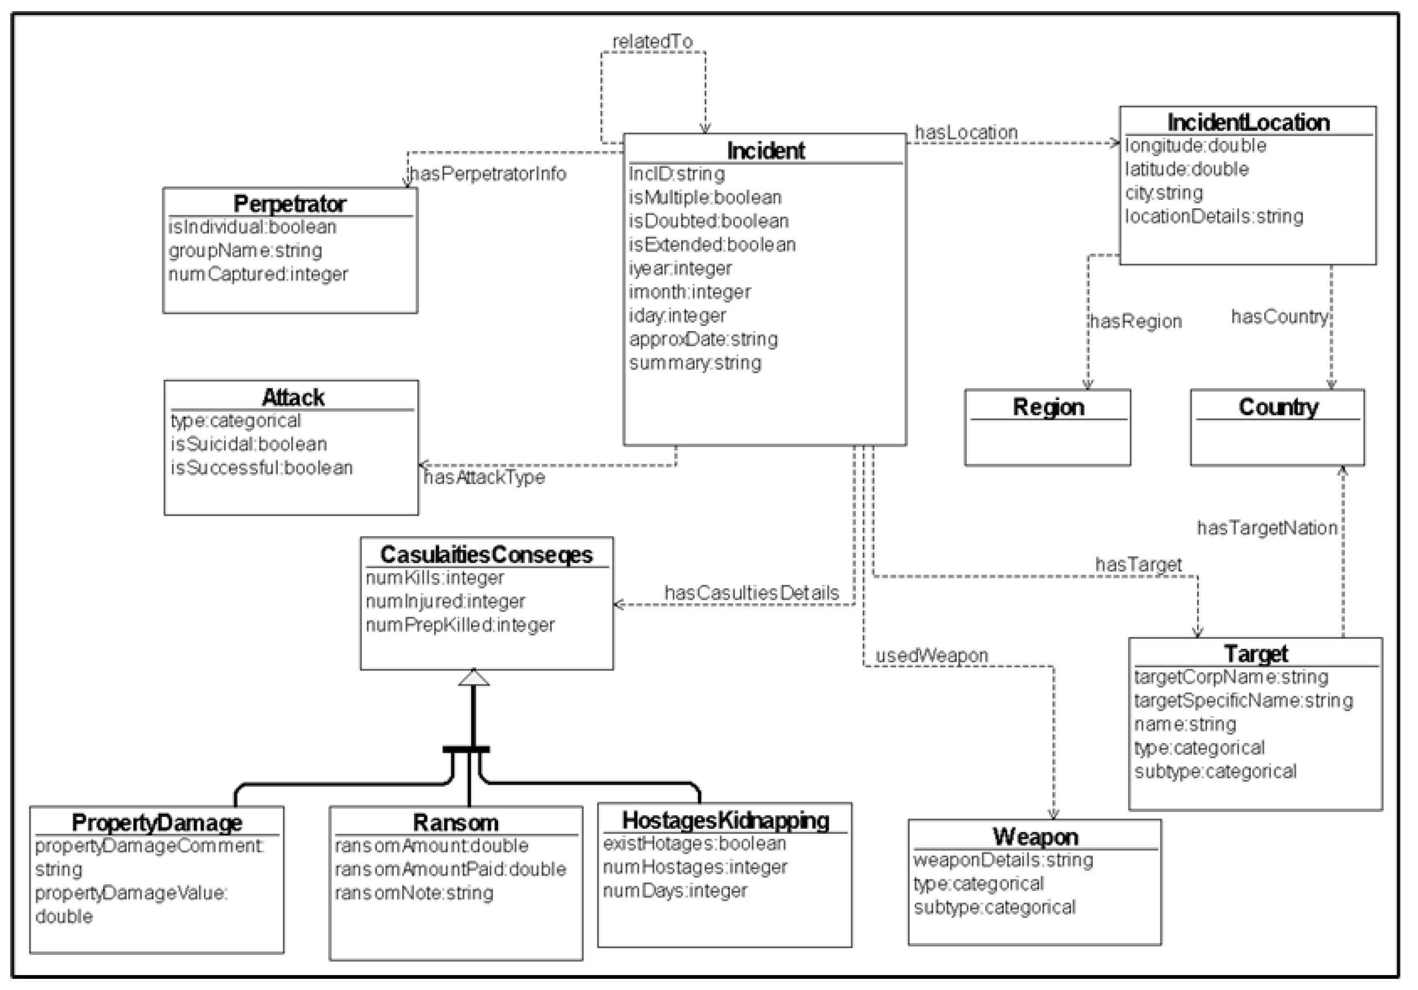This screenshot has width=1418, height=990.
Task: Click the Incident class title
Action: pos(765,151)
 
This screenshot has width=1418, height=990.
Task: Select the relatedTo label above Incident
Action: pos(652,41)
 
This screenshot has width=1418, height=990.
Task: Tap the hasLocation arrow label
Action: pos(966,132)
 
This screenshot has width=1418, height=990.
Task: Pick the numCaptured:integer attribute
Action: pos(258,274)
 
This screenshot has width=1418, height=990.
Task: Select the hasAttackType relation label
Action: pos(484,477)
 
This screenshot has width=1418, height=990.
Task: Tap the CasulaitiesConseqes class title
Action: pos(486,554)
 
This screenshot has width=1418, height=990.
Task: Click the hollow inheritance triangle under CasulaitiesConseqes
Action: pos(474,678)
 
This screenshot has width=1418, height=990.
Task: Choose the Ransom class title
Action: pos(455,823)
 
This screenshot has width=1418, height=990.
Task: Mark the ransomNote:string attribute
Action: pos(414,892)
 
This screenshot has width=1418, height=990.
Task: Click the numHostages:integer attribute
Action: pos(695,867)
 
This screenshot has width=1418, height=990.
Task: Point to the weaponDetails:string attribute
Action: pos(1003,860)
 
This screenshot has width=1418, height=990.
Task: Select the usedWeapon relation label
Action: pos(932,655)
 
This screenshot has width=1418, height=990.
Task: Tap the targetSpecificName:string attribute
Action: pos(1243,700)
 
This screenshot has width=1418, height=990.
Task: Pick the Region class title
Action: pos(1048,407)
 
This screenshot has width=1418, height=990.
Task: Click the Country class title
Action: pos(1278,407)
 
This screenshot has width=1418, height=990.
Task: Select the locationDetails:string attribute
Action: pos(1214,216)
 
